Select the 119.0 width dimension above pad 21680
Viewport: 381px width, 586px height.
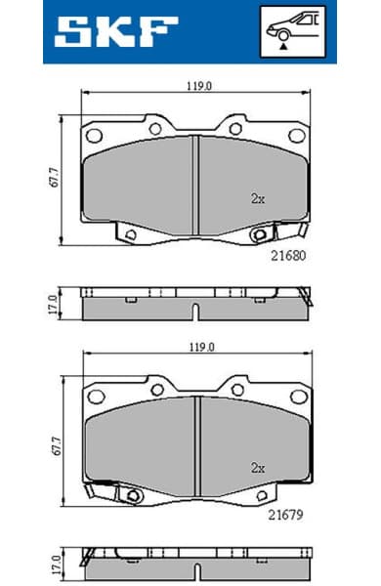point(198,86)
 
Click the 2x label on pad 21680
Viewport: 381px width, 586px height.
point(258,198)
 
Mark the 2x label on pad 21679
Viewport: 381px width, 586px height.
point(258,468)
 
